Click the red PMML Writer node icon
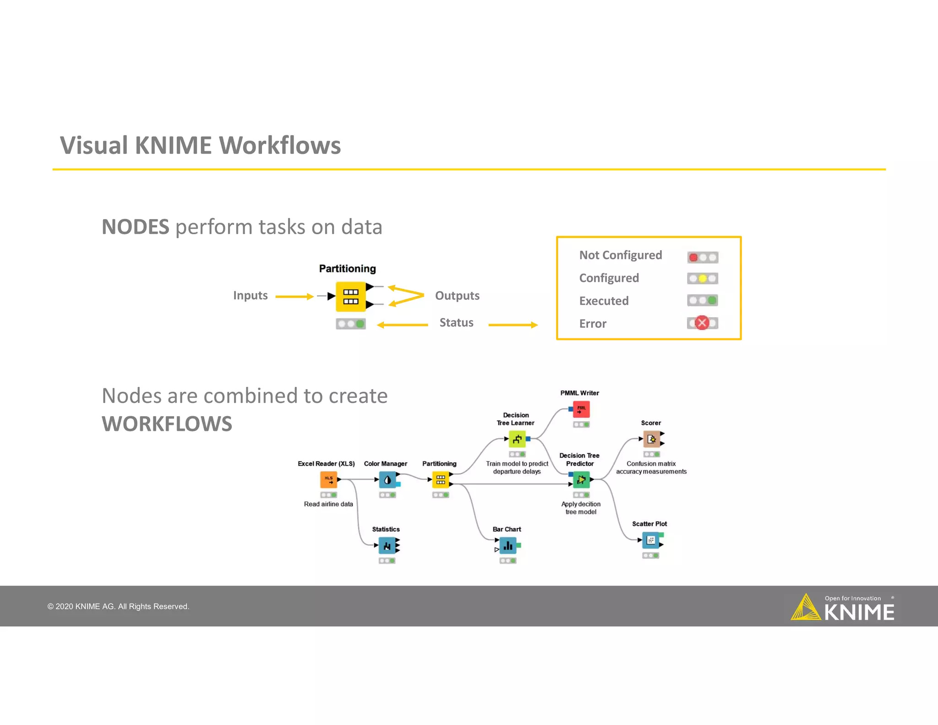point(581,409)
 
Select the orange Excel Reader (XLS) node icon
point(328,480)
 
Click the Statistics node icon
point(387,545)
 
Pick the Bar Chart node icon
point(508,545)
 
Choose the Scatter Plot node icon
point(651,540)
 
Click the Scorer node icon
point(651,439)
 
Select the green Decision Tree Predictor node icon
point(581,480)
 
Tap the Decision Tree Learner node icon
point(517,439)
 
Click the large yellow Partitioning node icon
point(351,297)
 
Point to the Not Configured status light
point(693,258)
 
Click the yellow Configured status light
point(703,279)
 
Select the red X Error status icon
point(702,323)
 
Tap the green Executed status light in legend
point(712,301)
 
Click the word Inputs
point(250,296)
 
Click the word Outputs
point(457,296)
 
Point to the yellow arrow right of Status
point(513,325)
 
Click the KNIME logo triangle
point(806,608)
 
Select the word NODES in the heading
point(136,227)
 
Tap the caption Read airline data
point(328,504)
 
